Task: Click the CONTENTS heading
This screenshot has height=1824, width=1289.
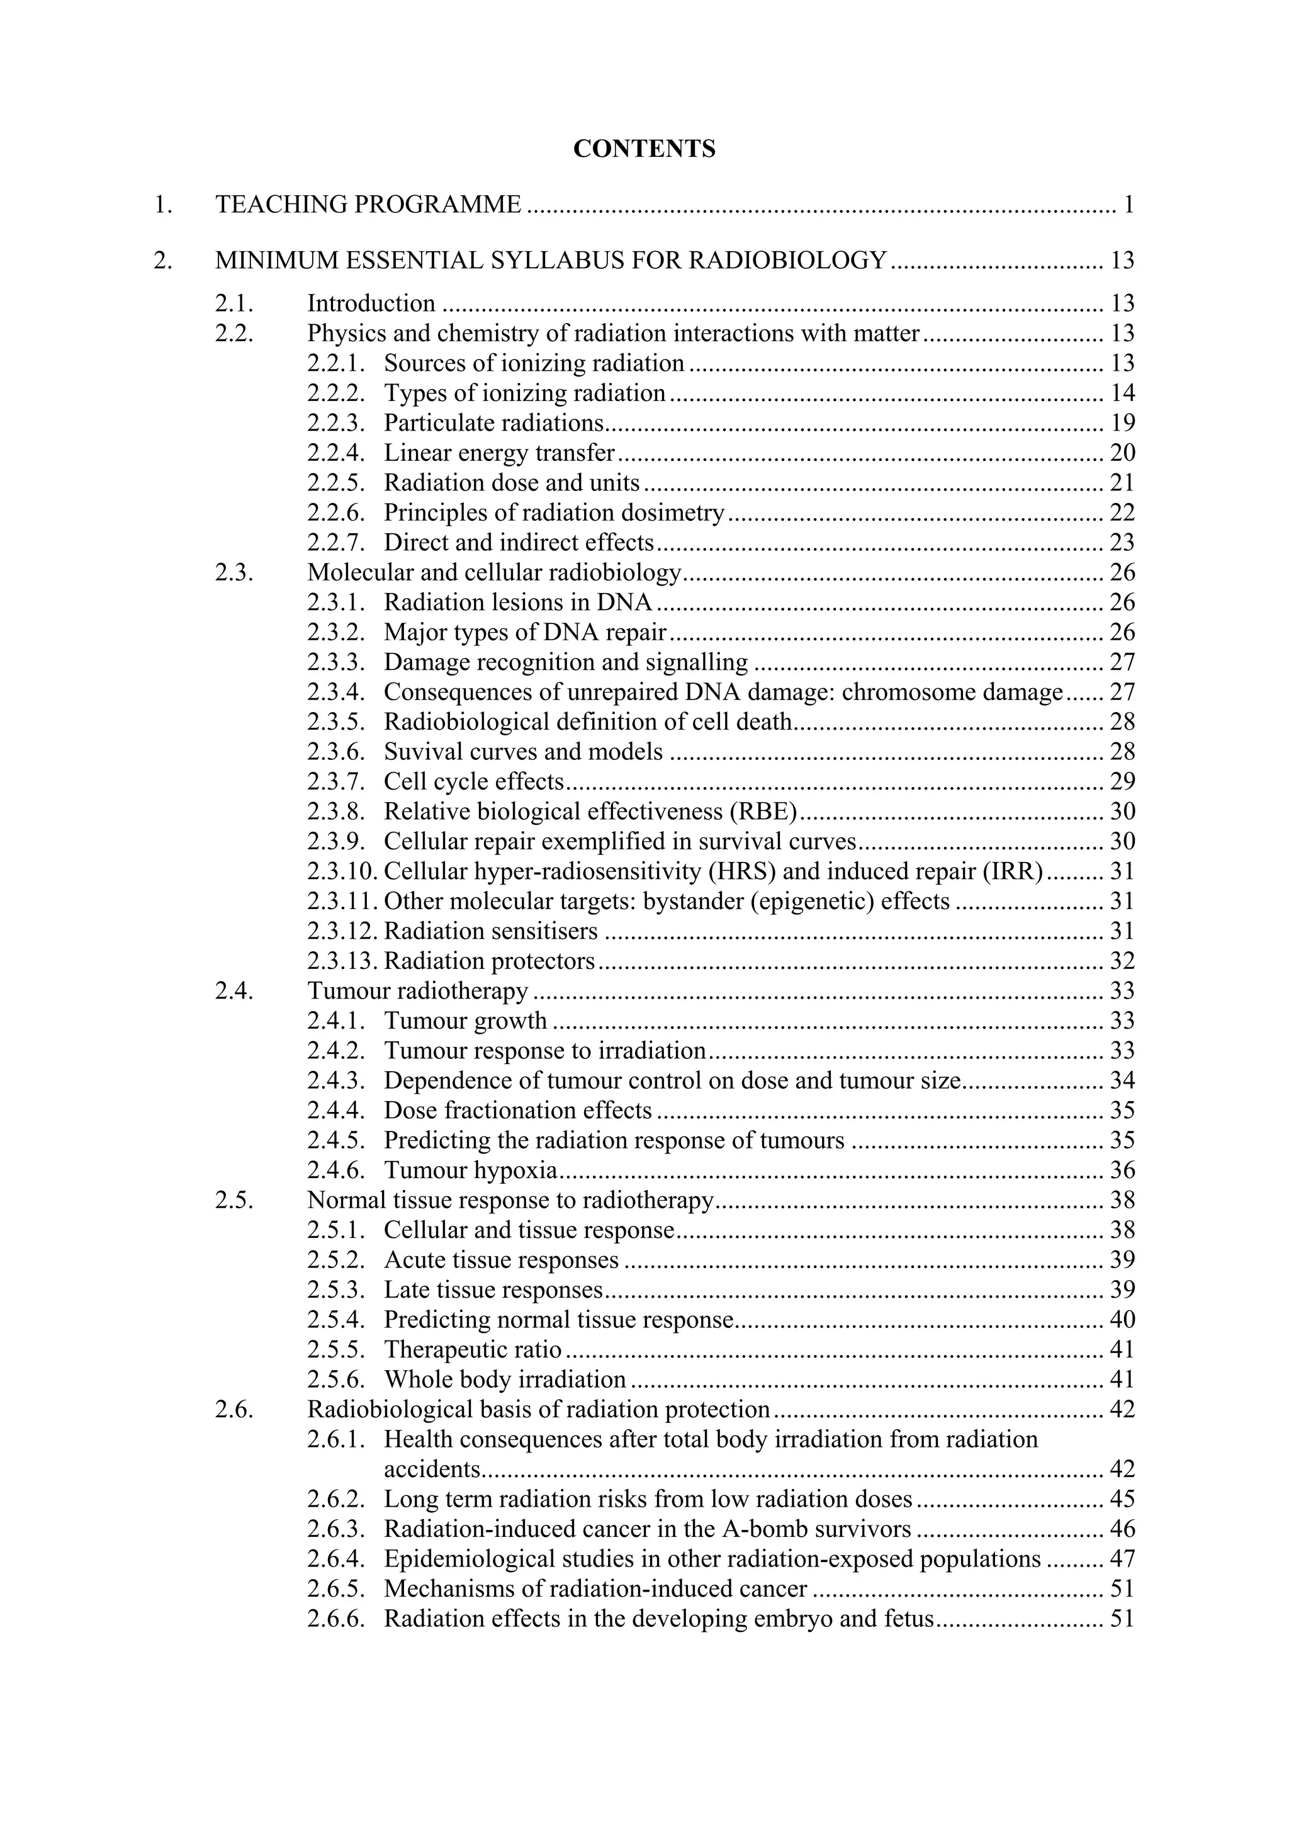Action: coord(644,149)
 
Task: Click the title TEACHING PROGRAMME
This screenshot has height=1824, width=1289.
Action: coord(369,205)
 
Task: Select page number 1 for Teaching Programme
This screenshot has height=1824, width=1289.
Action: coord(1129,205)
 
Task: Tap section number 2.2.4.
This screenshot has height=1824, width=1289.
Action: coord(336,453)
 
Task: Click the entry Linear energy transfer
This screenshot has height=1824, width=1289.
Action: coord(500,453)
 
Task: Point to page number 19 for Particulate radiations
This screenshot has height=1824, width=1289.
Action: coord(1122,422)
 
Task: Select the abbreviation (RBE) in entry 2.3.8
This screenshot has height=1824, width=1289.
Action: coord(768,811)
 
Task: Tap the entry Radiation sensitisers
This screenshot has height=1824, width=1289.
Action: coord(491,931)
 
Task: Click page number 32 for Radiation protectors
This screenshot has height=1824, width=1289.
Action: coord(1122,961)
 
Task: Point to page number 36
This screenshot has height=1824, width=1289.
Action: coord(1122,1170)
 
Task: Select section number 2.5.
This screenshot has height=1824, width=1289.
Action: coord(234,1201)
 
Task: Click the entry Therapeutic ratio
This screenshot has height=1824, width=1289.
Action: coord(473,1350)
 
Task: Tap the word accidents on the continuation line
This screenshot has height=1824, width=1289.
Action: coord(433,1470)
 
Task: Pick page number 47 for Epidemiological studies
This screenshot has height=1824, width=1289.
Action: coord(1122,1560)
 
